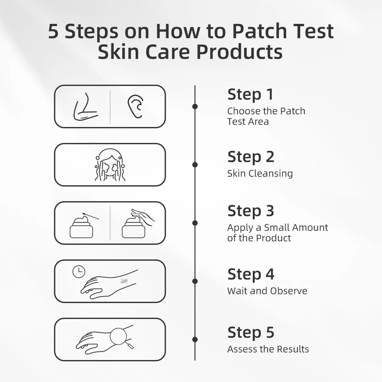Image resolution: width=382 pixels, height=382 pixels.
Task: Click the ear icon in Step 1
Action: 135,107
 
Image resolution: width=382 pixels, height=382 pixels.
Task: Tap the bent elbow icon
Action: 85,108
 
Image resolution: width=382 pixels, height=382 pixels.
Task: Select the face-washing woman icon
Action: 110,165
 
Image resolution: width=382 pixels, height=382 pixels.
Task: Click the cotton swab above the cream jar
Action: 91,216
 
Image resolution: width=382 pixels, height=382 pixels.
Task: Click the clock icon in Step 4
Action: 79,272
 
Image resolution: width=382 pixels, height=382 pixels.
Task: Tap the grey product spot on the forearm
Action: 124,281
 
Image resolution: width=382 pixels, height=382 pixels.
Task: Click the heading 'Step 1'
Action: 250,95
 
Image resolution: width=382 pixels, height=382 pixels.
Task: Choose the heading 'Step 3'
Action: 251,211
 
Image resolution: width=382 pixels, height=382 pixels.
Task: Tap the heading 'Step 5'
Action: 251,333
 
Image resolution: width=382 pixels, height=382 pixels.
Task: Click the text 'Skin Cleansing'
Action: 260,173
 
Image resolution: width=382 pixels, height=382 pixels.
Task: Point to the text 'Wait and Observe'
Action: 267,291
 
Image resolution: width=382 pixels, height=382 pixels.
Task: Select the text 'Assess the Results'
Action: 268,349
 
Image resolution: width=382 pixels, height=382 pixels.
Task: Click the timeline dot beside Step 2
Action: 195,165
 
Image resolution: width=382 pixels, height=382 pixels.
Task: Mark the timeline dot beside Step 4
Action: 195,281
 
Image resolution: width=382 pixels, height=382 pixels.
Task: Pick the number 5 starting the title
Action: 53,31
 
